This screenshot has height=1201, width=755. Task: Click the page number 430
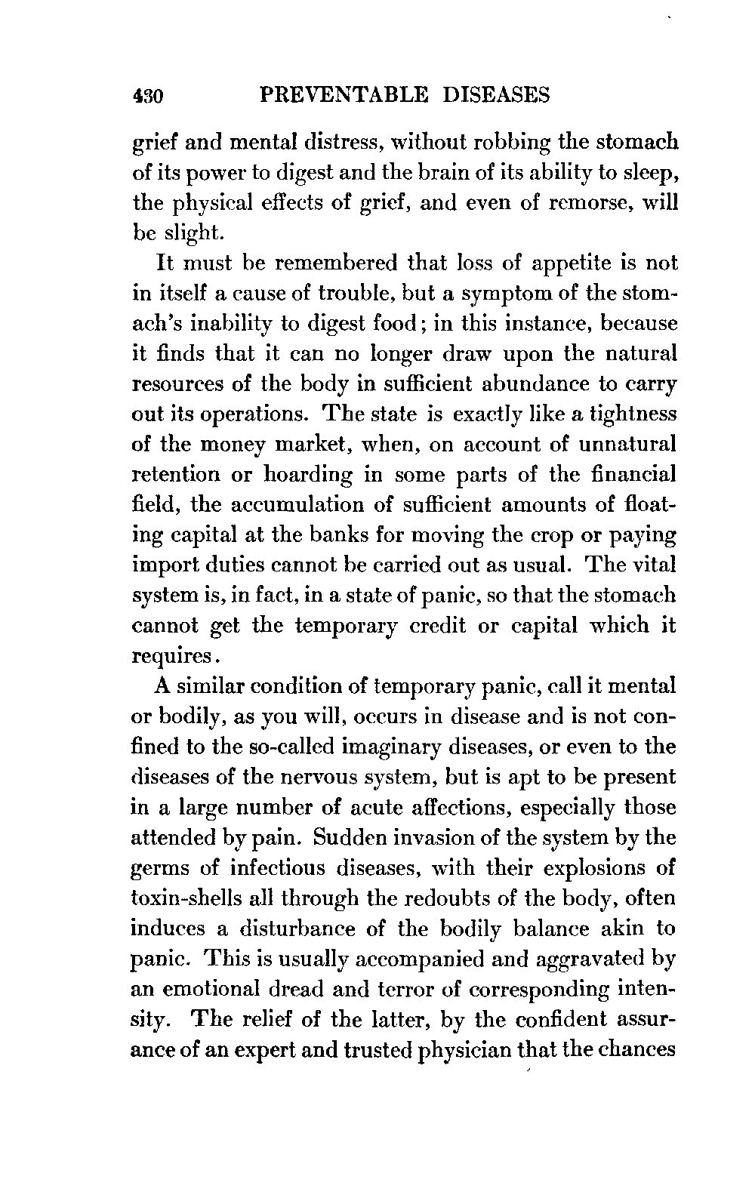pos(149,96)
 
